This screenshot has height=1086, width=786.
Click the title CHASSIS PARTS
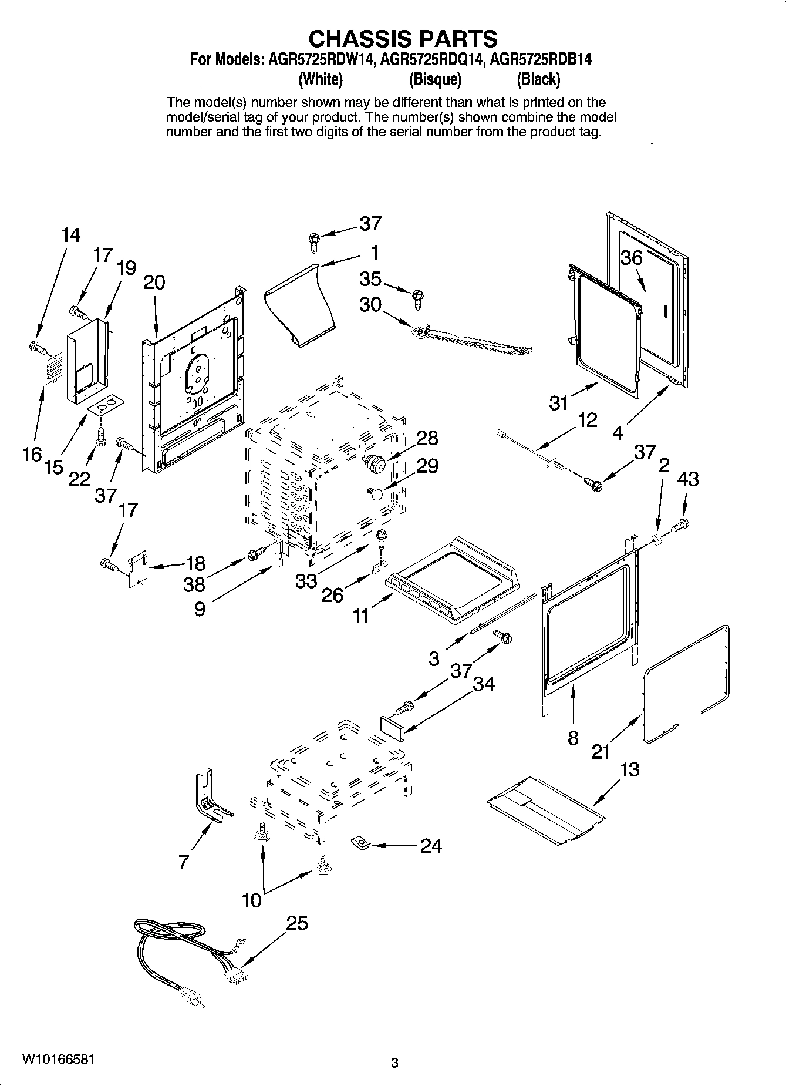point(403,39)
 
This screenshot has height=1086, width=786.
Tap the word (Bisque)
point(434,79)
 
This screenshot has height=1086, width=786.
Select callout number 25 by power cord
point(296,923)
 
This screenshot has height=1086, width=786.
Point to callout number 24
point(430,846)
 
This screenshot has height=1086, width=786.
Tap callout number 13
point(629,769)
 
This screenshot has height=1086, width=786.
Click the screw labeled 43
point(680,524)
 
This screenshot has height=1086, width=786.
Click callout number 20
point(154,283)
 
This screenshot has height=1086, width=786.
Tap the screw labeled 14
point(38,348)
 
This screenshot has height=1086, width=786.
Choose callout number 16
point(33,453)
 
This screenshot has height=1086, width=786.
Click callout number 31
point(559,403)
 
